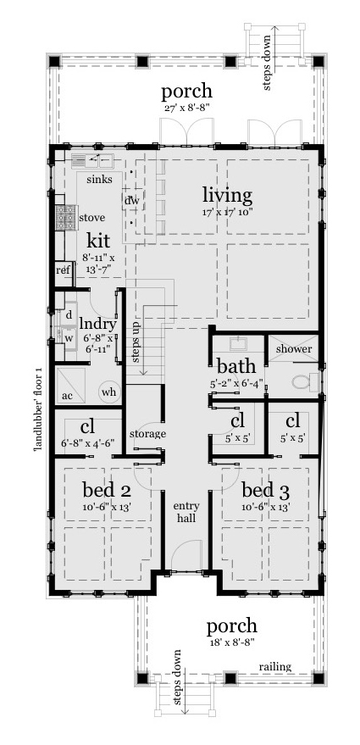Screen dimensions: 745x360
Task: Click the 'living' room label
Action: coord(226,196)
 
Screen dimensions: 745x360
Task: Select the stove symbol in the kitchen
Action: coord(62,218)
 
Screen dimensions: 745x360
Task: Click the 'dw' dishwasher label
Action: coord(131,200)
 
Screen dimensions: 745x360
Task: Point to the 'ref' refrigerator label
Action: coord(62,270)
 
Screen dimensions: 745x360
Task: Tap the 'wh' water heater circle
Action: coord(108,392)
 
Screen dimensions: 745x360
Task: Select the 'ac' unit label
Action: coord(66,397)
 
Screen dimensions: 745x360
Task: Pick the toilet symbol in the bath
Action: coord(302,381)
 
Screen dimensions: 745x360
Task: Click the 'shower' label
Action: coord(293,349)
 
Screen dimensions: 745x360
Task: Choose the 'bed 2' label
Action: coord(106,490)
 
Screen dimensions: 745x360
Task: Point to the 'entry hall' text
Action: coord(186,512)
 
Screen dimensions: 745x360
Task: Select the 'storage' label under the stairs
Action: coord(147,434)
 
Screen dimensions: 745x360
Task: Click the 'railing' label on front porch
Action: coord(276,667)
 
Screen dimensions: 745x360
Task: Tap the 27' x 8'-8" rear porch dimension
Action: coord(187,108)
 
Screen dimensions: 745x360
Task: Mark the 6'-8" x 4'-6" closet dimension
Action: coord(88,442)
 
